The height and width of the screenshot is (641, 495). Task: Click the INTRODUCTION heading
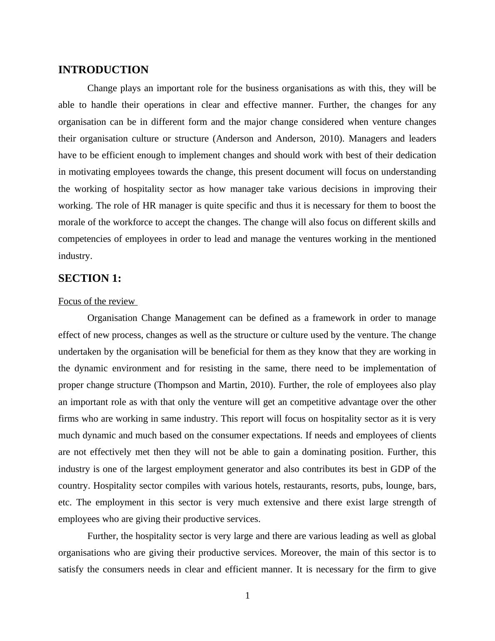103,70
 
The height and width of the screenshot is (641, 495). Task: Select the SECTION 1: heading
89,278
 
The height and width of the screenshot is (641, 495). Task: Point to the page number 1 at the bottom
247,596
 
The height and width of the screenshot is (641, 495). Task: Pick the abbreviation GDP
400,469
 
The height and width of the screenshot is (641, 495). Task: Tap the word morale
72,222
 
